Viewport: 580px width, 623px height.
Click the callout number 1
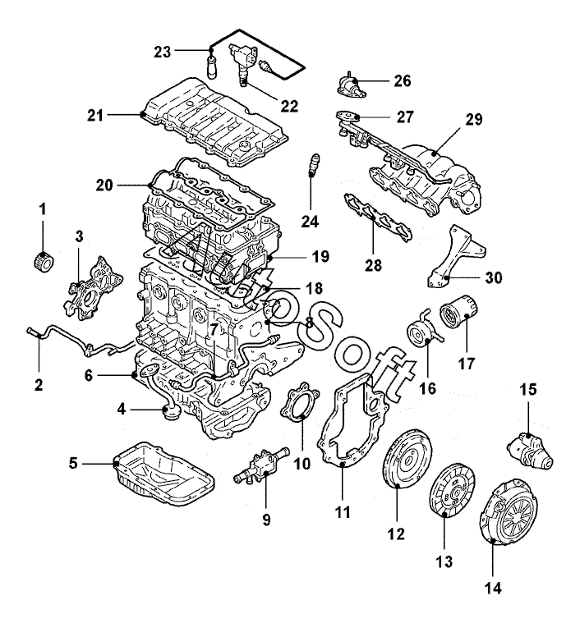(42, 211)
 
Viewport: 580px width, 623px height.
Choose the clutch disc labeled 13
(447, 491)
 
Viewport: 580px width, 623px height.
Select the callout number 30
(493, 278)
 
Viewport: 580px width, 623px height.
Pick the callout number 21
(96, 116)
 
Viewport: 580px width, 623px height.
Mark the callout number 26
(403, 81)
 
